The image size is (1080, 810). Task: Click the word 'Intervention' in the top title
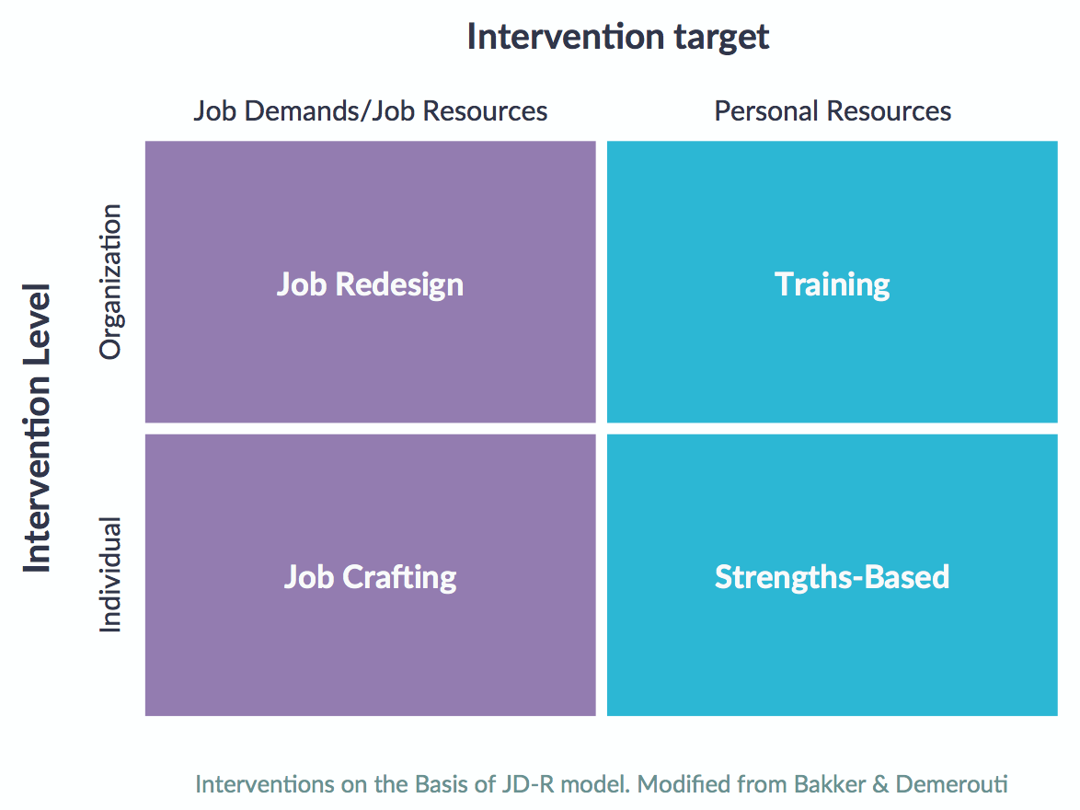[566, 37]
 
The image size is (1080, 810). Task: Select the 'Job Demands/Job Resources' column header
[371, 111]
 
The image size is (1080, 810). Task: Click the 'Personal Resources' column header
[833, 111]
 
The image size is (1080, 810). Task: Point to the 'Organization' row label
[110, 282]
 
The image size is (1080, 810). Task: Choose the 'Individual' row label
[110, 574]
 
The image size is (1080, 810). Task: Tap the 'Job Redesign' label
[371, 284]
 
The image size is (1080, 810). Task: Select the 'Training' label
[832, 284]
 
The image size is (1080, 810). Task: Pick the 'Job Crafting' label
[371, 577]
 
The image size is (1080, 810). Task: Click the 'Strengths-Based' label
[832, 578]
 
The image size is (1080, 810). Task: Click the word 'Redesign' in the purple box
[399, 284]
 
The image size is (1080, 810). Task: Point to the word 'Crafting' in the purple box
[399, 578]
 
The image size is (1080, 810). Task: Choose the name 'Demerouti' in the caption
[952, 784]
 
